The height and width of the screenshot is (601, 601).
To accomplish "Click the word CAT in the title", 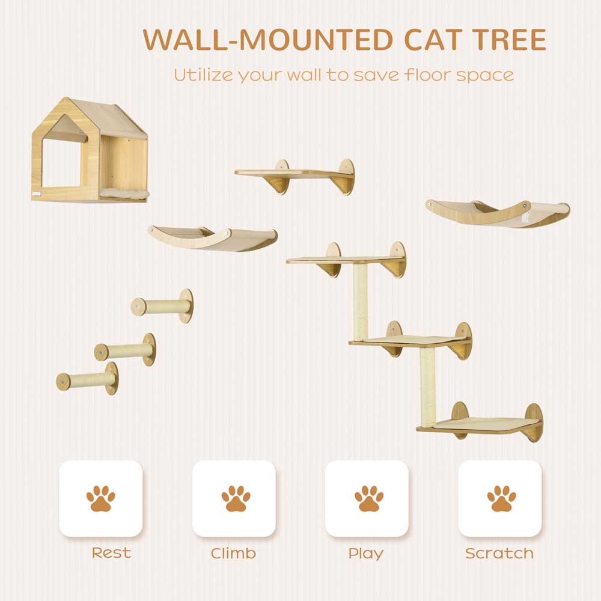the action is (432, 40).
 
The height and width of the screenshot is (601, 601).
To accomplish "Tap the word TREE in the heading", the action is (509, 40).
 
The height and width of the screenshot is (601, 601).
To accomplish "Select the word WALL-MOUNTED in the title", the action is (267, 40).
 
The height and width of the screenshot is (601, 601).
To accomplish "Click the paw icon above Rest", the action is (100, 498).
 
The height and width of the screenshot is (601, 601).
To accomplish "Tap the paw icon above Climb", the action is (236, 498).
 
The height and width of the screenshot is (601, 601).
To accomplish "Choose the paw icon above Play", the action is (369, 498).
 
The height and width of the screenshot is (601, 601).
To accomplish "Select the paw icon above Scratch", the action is (501, 498).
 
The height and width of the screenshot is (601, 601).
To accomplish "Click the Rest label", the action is (112, 553).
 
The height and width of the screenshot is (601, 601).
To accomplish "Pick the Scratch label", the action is (499, 554).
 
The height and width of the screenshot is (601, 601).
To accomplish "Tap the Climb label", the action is (233, 554).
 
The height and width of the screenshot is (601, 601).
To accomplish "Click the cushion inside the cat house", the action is (124, 193).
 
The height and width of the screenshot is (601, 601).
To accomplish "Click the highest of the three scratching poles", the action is (162, 307).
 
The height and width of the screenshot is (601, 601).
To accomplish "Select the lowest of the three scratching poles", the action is (87, 379).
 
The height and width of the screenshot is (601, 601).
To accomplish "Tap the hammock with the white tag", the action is (498, 213).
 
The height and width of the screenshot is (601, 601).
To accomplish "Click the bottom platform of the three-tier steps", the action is (480, 425).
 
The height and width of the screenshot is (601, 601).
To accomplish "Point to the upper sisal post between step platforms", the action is (360, 302).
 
